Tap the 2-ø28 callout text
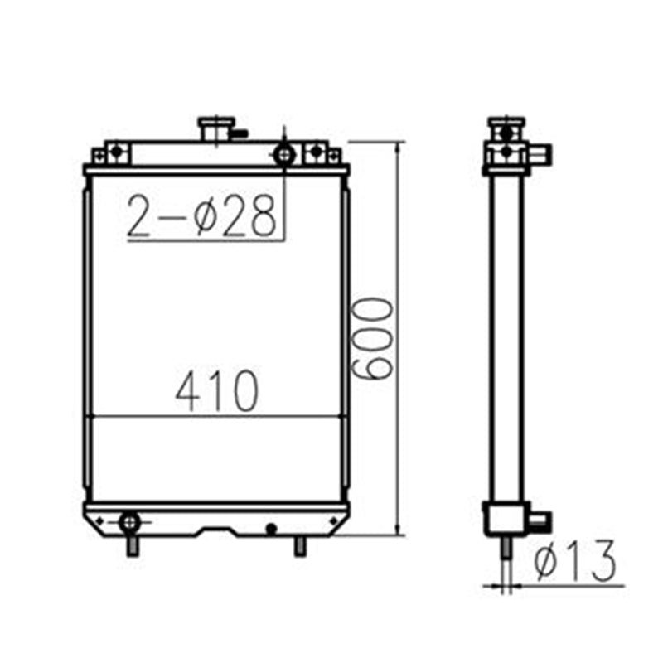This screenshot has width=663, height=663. (x=201, y=217)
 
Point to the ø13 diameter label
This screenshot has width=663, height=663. (x=575, y=562)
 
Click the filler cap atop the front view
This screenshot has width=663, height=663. (x=213, y=128)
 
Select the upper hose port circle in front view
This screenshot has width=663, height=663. (x=283, y=153)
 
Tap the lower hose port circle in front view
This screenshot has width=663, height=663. (x=130, y=522)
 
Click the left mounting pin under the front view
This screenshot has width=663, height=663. (x=132, y=545)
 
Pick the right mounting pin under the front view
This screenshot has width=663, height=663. (x=299, y=545)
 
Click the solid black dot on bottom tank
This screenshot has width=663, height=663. (x=270, y=527)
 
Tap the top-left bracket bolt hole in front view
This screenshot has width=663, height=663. (x=117, y=152)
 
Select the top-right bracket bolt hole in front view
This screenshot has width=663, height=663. (x=315, y=152)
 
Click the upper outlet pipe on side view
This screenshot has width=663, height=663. (x=540, y=154)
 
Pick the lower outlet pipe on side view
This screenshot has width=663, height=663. (x=537, y=520)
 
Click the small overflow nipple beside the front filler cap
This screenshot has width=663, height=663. (x=240, y=131)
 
